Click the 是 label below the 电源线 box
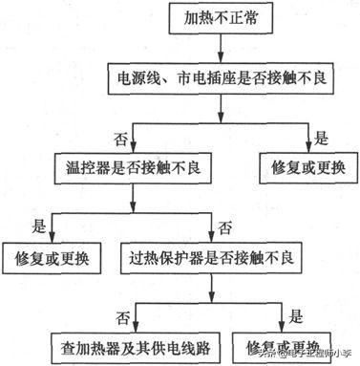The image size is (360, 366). (x=320, y=137)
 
